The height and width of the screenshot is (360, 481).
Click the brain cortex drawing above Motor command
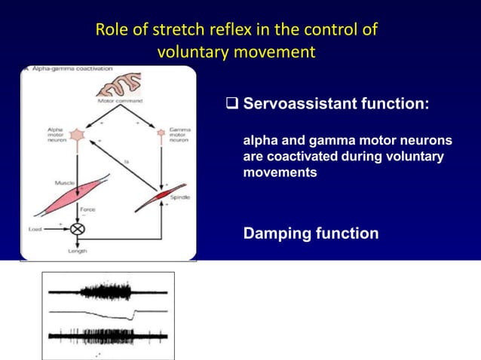click(112, 82)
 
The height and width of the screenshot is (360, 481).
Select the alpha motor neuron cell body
click(78, 134)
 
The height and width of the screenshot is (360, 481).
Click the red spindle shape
click(161, 194)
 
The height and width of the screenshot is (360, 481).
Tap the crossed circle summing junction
click(77, 227)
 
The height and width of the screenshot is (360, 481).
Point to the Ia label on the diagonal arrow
click(127, 160)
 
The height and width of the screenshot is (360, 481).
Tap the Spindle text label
click(181, 197)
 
